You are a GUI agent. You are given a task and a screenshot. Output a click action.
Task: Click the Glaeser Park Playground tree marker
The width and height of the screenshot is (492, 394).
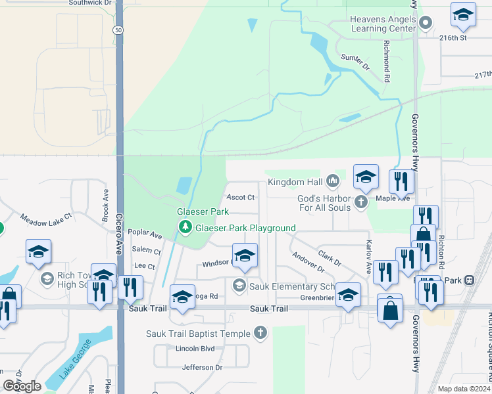(185, 227)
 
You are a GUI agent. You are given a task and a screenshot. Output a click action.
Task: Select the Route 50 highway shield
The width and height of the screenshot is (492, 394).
(118, 30)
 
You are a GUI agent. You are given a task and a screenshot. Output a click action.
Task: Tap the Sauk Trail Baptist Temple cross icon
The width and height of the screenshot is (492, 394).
(260, 333)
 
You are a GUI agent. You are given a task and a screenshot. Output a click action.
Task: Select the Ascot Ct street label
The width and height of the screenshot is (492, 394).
(240, 197)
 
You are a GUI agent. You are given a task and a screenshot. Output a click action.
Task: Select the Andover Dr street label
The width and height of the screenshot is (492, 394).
(308, 263)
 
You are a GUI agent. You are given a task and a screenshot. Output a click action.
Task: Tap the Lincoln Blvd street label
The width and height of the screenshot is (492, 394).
(191, 348)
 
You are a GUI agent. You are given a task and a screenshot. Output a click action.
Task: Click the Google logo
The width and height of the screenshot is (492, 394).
(22, 386)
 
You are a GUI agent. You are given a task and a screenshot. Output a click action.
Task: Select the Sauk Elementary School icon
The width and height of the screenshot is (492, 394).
(239, 285)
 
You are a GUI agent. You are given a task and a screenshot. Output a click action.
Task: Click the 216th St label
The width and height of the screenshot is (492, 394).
(453, 38)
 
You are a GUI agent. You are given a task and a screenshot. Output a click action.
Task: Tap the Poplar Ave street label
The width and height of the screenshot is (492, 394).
(145, 234)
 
